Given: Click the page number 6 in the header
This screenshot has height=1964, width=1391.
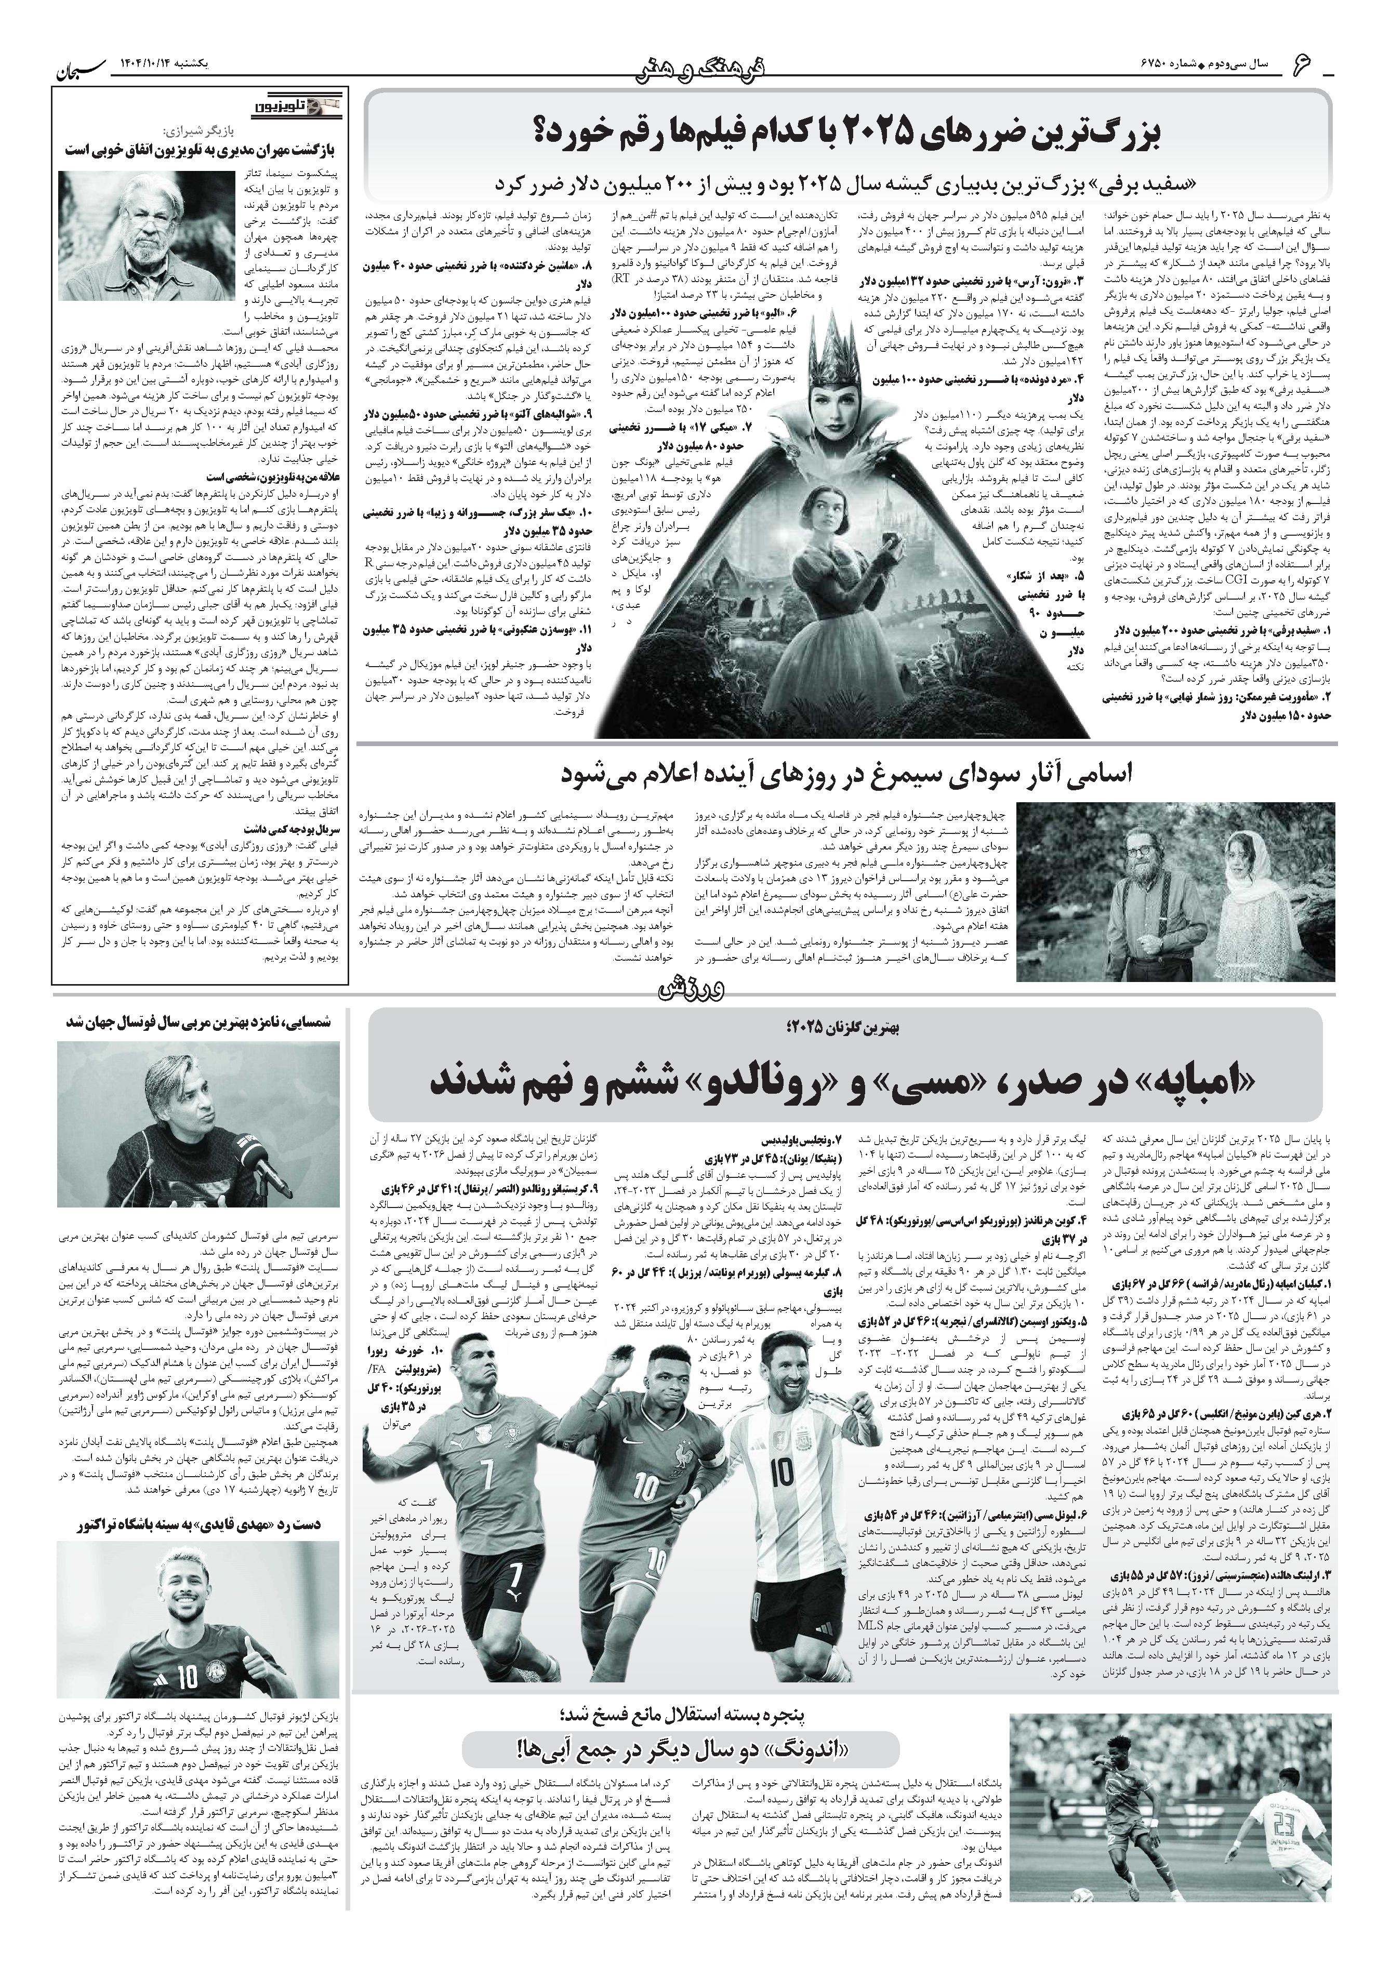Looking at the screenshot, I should coord(1304,62).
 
